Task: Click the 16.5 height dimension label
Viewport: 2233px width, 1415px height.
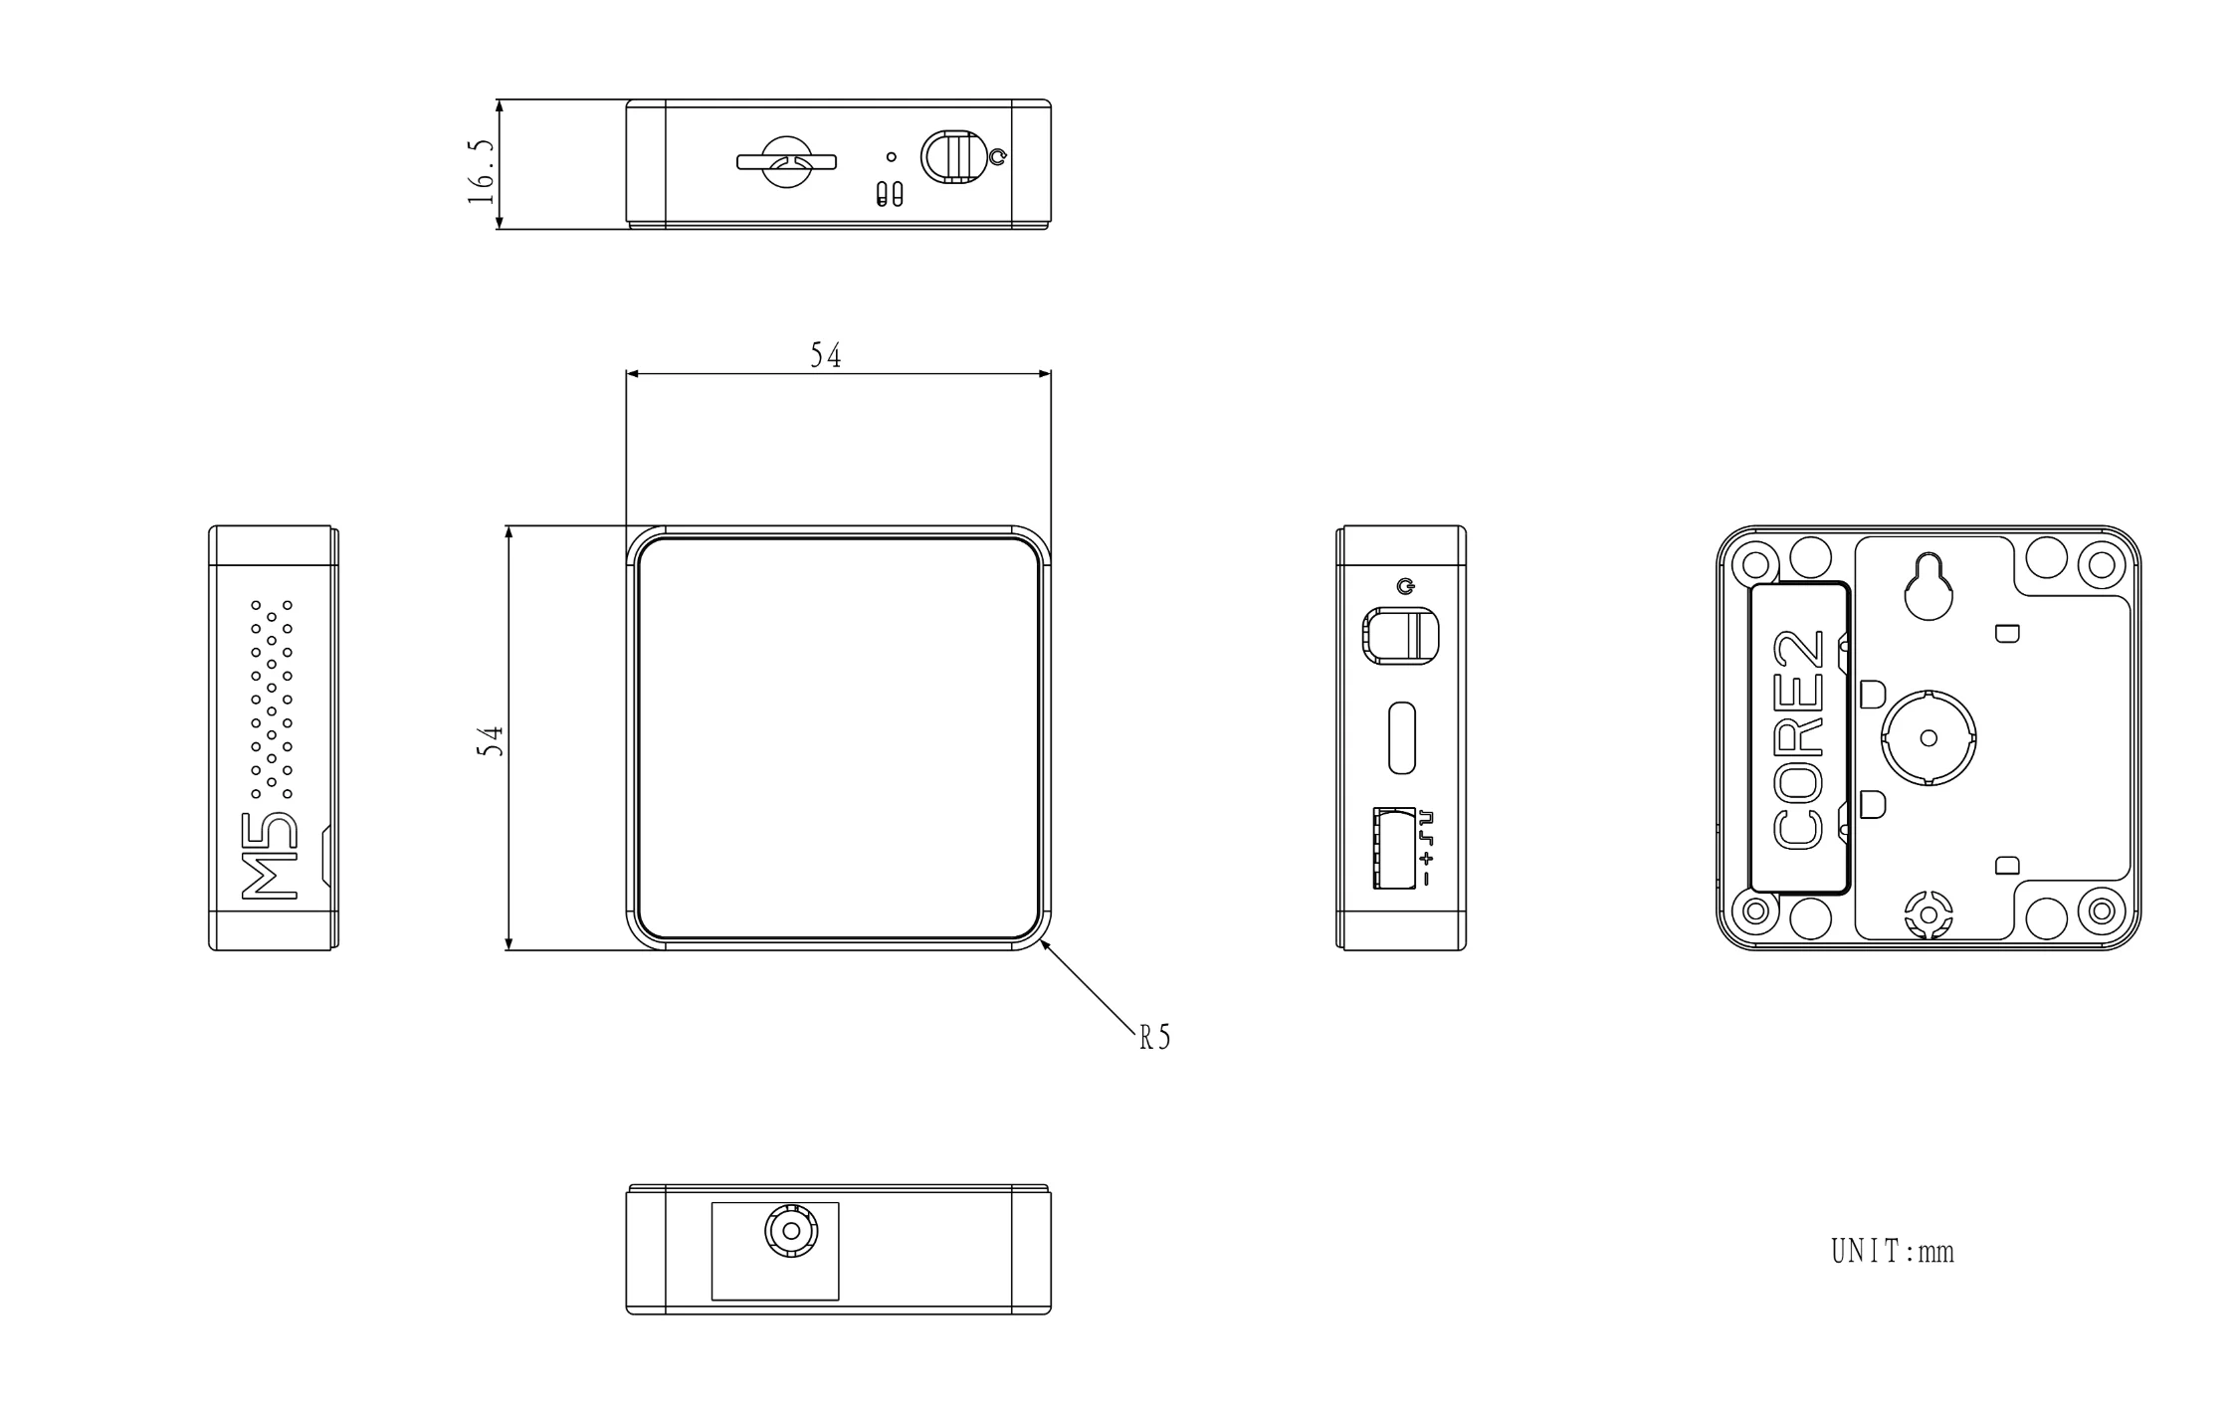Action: pyautogui.click(x=481, y=172)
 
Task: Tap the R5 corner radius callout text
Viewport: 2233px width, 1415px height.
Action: pyautogui.click(x=1155, y=1038)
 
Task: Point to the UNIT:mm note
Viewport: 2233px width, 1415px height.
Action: pyautogui.click(x=1893, y=1251)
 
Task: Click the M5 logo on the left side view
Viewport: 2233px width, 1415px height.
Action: pyautogui.click(x=271, y=856)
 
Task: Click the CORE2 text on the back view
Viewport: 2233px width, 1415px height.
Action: pyautogui.click(x=1799, y=740)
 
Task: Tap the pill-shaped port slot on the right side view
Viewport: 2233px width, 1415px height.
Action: pyautogui.click(x=1401, y=737)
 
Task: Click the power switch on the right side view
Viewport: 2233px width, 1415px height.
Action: pyautogui.click(x=1401, y=635)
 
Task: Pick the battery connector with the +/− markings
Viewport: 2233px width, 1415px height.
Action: pyautogui.click(x=1395, y=848)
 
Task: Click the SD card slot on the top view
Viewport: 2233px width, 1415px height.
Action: pyautogui.click(x=786, y=162)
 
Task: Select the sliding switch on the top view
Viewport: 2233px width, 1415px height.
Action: pyautogui.click(x=951, y=157)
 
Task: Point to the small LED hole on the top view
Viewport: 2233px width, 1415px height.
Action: pyautogui.click(x=892, y=157)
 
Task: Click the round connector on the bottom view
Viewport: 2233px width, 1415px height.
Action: pyautogui.click(x=791, y=1232)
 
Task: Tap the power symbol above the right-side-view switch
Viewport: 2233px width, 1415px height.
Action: pyautogui.click(x=1405, y=586)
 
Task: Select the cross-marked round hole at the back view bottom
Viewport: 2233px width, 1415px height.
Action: pyautogui.click(x=1928, y=912)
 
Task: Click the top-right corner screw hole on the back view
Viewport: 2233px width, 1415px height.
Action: pyautogui.click(x=2102, y=565)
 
